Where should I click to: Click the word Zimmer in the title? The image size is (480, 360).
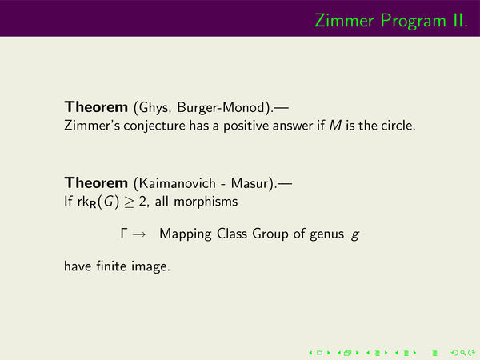click(344, 21)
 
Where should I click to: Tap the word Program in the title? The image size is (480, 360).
click(414, 22)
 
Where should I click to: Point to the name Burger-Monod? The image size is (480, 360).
click(221, 108)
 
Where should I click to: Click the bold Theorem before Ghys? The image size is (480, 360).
click(96, 107)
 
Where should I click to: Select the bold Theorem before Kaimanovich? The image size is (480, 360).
click(96, 182)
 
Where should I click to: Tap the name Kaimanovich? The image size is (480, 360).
click(178, 183)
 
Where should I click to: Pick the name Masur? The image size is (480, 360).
click(250, 183)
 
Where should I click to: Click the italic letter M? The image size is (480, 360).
click(335, 126)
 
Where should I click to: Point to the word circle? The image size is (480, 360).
click(398, 126)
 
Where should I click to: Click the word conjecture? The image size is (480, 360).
click(154, 126)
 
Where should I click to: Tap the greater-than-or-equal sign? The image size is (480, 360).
click(129, 202)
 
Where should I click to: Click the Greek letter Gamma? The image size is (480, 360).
click(124, 234)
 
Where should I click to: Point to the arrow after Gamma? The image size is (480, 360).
click(139, 234)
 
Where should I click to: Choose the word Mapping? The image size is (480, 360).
click(186, 234)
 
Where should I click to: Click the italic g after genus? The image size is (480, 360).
click(355, 235)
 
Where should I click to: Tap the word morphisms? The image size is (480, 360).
click(206, 202)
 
